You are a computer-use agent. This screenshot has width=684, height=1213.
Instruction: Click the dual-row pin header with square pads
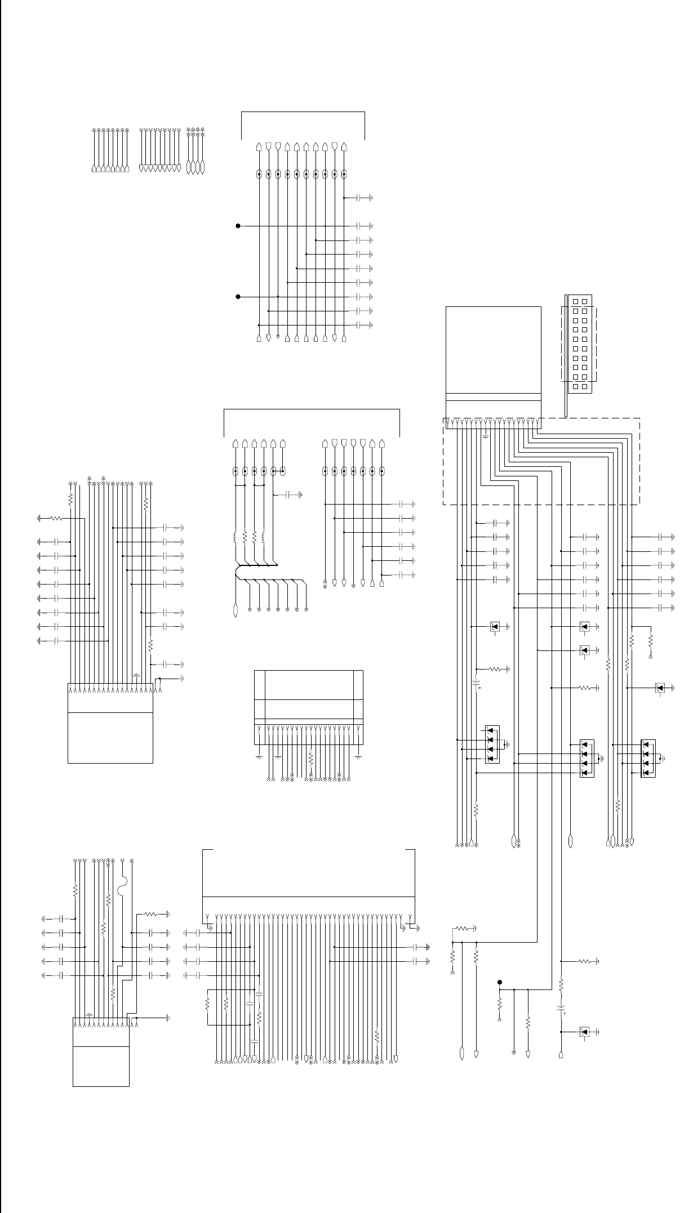[x=579, y=344]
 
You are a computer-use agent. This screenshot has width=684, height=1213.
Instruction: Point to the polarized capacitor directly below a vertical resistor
[x=561, y=1010]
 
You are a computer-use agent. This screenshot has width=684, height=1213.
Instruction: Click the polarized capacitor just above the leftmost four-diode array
[x=477, y=684]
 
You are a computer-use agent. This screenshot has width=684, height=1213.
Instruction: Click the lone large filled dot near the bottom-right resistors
[x=500, y=982]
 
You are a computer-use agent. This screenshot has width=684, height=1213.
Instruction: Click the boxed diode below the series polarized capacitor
[x=584, y=1032]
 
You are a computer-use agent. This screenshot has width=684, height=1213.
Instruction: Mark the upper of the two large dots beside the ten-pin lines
[x=238, y=226]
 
